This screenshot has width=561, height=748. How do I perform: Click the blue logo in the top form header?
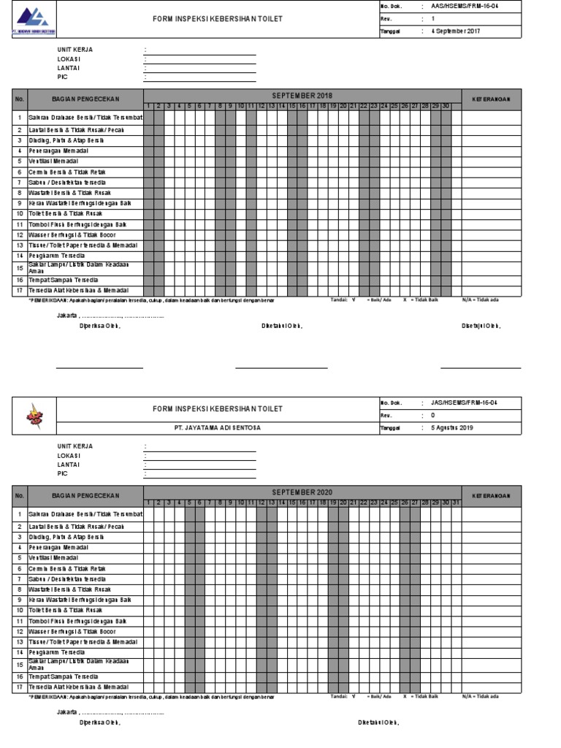(33, 17)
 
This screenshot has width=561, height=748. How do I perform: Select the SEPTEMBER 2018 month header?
(302, 96)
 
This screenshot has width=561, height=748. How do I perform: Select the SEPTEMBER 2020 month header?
(302, 492)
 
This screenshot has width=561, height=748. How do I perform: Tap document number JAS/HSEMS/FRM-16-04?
(464, 402)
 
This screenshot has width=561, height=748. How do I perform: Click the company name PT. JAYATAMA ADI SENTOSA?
(217, 428)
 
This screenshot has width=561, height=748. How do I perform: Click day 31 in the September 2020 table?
(456, 502)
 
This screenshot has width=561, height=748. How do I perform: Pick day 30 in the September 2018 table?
(446, 105)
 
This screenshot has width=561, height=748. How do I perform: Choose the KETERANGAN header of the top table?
(491, 99)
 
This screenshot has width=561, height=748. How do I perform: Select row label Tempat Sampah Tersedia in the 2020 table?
(63, 676)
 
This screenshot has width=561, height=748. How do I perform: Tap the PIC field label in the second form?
(62, 473)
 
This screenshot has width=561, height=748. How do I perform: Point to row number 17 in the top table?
(20, 290)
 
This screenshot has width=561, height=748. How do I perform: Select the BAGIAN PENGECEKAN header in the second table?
(85, 495)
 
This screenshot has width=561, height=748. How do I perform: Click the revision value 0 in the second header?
(432, 415)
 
